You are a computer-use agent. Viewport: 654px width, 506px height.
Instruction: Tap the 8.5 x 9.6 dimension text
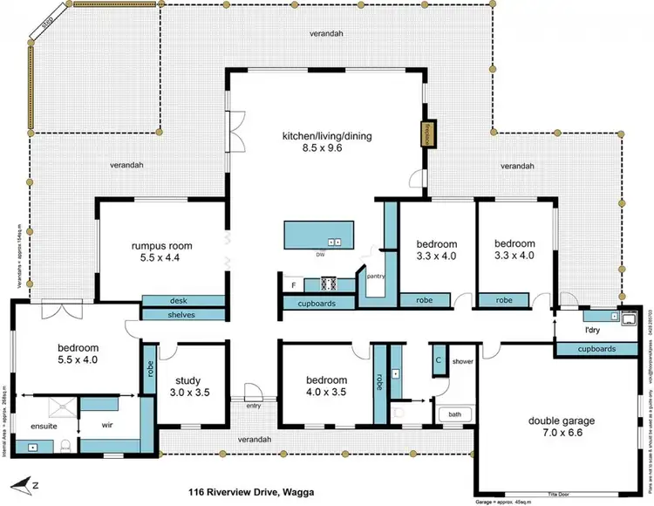(x=319, y=149)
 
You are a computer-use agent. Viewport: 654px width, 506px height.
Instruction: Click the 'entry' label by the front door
(x=254, y=406)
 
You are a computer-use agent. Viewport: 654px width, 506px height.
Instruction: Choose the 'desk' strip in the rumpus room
(x=179, y=301)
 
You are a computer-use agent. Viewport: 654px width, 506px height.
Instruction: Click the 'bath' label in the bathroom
(x=454, y=414)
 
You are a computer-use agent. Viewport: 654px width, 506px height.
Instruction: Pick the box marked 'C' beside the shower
(x=438, y=359)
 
